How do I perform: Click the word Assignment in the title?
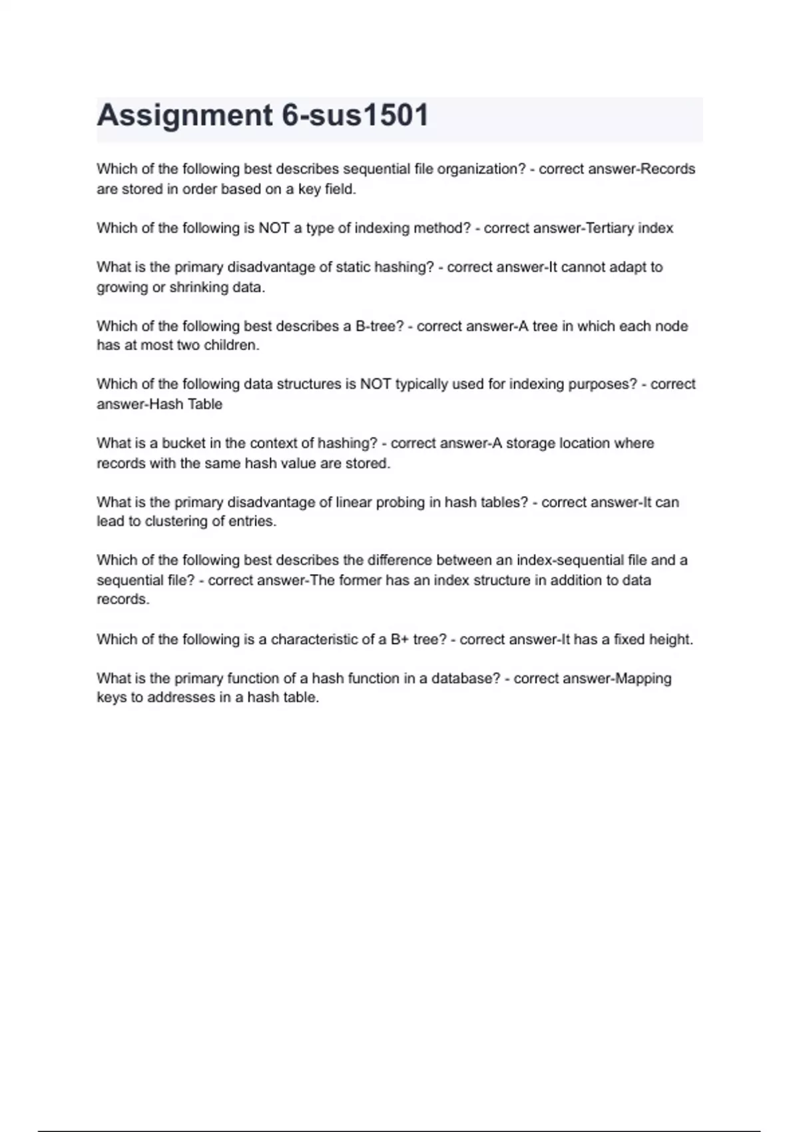(184, 115)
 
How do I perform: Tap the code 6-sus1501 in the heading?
(356, 115)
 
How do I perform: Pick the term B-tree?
(380, 326)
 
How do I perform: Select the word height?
(670, 639)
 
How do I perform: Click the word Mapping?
(643, 679)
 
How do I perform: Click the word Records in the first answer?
(667, 169)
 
